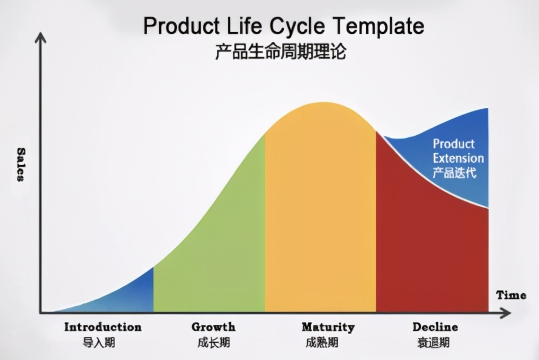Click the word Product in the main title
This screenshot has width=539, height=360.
tap(176, 26)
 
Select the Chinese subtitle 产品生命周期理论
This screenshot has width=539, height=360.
tap(280, 52)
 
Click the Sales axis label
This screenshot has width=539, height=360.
tap(21, 164)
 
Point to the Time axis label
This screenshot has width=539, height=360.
tap(511, 295)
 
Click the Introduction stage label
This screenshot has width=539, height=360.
tap(103, 327)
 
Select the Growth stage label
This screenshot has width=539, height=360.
tap(213, 327)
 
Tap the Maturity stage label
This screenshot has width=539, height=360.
tap(328, 327)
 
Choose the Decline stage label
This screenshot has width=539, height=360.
tap(435, 327)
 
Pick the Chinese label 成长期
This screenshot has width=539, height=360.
tap(213, 342)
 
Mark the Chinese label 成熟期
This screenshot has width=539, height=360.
tap(322, 342)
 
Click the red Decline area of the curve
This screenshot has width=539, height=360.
tap(426, 243)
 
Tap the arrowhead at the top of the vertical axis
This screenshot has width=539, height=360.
tap(40, 37)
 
